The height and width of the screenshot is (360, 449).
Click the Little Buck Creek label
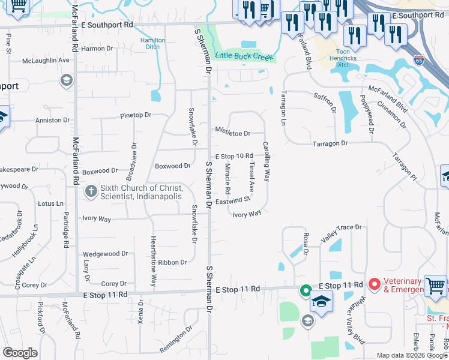tap(244, 56)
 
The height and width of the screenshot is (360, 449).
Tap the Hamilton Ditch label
tap(152, 42)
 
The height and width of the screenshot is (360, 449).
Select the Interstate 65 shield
tap(419, 60)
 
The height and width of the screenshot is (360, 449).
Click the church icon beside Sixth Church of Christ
tap(91, 191)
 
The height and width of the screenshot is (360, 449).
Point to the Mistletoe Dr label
tap(232, 131)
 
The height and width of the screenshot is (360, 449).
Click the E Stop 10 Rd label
tap(234, 156)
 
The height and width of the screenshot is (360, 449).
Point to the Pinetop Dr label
tap(136, 115)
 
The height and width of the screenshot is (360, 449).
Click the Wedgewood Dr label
tap(105, 254)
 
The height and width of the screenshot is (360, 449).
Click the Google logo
tap(20, 353)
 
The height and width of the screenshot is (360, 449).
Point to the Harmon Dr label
tap(97, 49)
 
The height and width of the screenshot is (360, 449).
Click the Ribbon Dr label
tap(173, 262)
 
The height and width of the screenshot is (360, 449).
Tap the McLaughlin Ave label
tap(46, 61)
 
